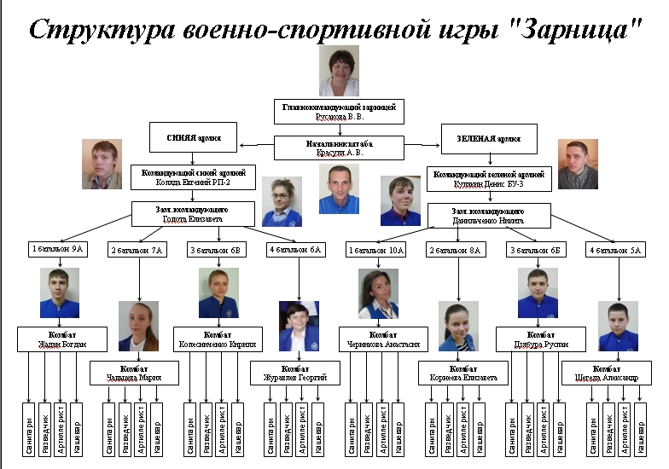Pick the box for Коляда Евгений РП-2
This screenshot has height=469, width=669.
click(193, 177)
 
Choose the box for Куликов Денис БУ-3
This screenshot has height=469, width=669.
click(490, 177)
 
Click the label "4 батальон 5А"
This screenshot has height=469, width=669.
click(615, 250)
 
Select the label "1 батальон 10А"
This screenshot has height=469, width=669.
click(376, 250)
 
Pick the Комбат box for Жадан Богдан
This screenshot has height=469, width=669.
click(61, 339)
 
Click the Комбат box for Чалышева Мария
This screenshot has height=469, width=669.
click(134, 373)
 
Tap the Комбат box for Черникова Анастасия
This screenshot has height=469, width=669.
click(381, 339)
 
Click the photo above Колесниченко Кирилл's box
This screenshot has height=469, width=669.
click(218, 293)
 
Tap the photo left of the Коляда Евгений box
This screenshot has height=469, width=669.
click(102, 164)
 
